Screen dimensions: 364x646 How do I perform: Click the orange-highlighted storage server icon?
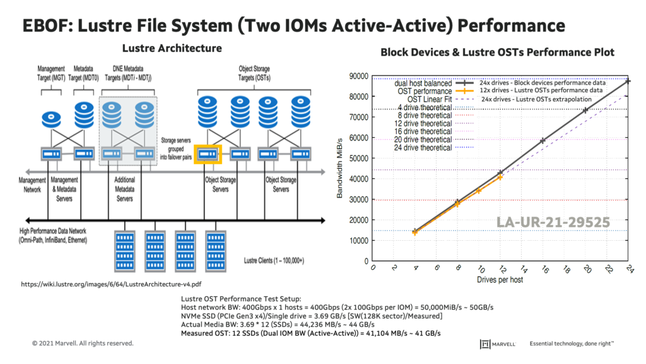[208, 153]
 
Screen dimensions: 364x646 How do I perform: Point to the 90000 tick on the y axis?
[358, 76]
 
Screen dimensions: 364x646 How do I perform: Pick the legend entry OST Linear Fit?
[429, 99]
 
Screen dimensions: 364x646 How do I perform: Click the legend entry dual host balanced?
[423, 83]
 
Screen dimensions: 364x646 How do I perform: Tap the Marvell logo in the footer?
[498, 344]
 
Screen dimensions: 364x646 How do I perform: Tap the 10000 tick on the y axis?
[358, 241]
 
